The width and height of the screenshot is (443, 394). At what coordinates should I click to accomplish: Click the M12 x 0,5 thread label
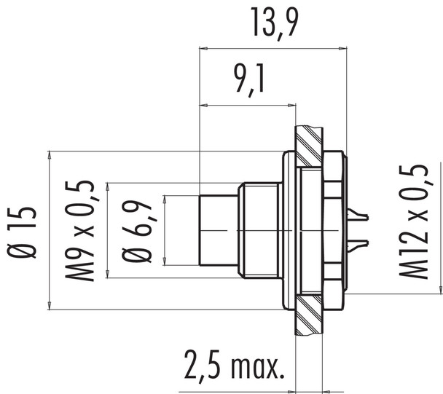click(x=417, y=222)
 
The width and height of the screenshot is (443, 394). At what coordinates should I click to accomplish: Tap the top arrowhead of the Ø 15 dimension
click(x=49, y=156)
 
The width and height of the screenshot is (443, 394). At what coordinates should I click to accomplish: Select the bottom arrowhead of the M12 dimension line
click(x=441, y=289)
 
